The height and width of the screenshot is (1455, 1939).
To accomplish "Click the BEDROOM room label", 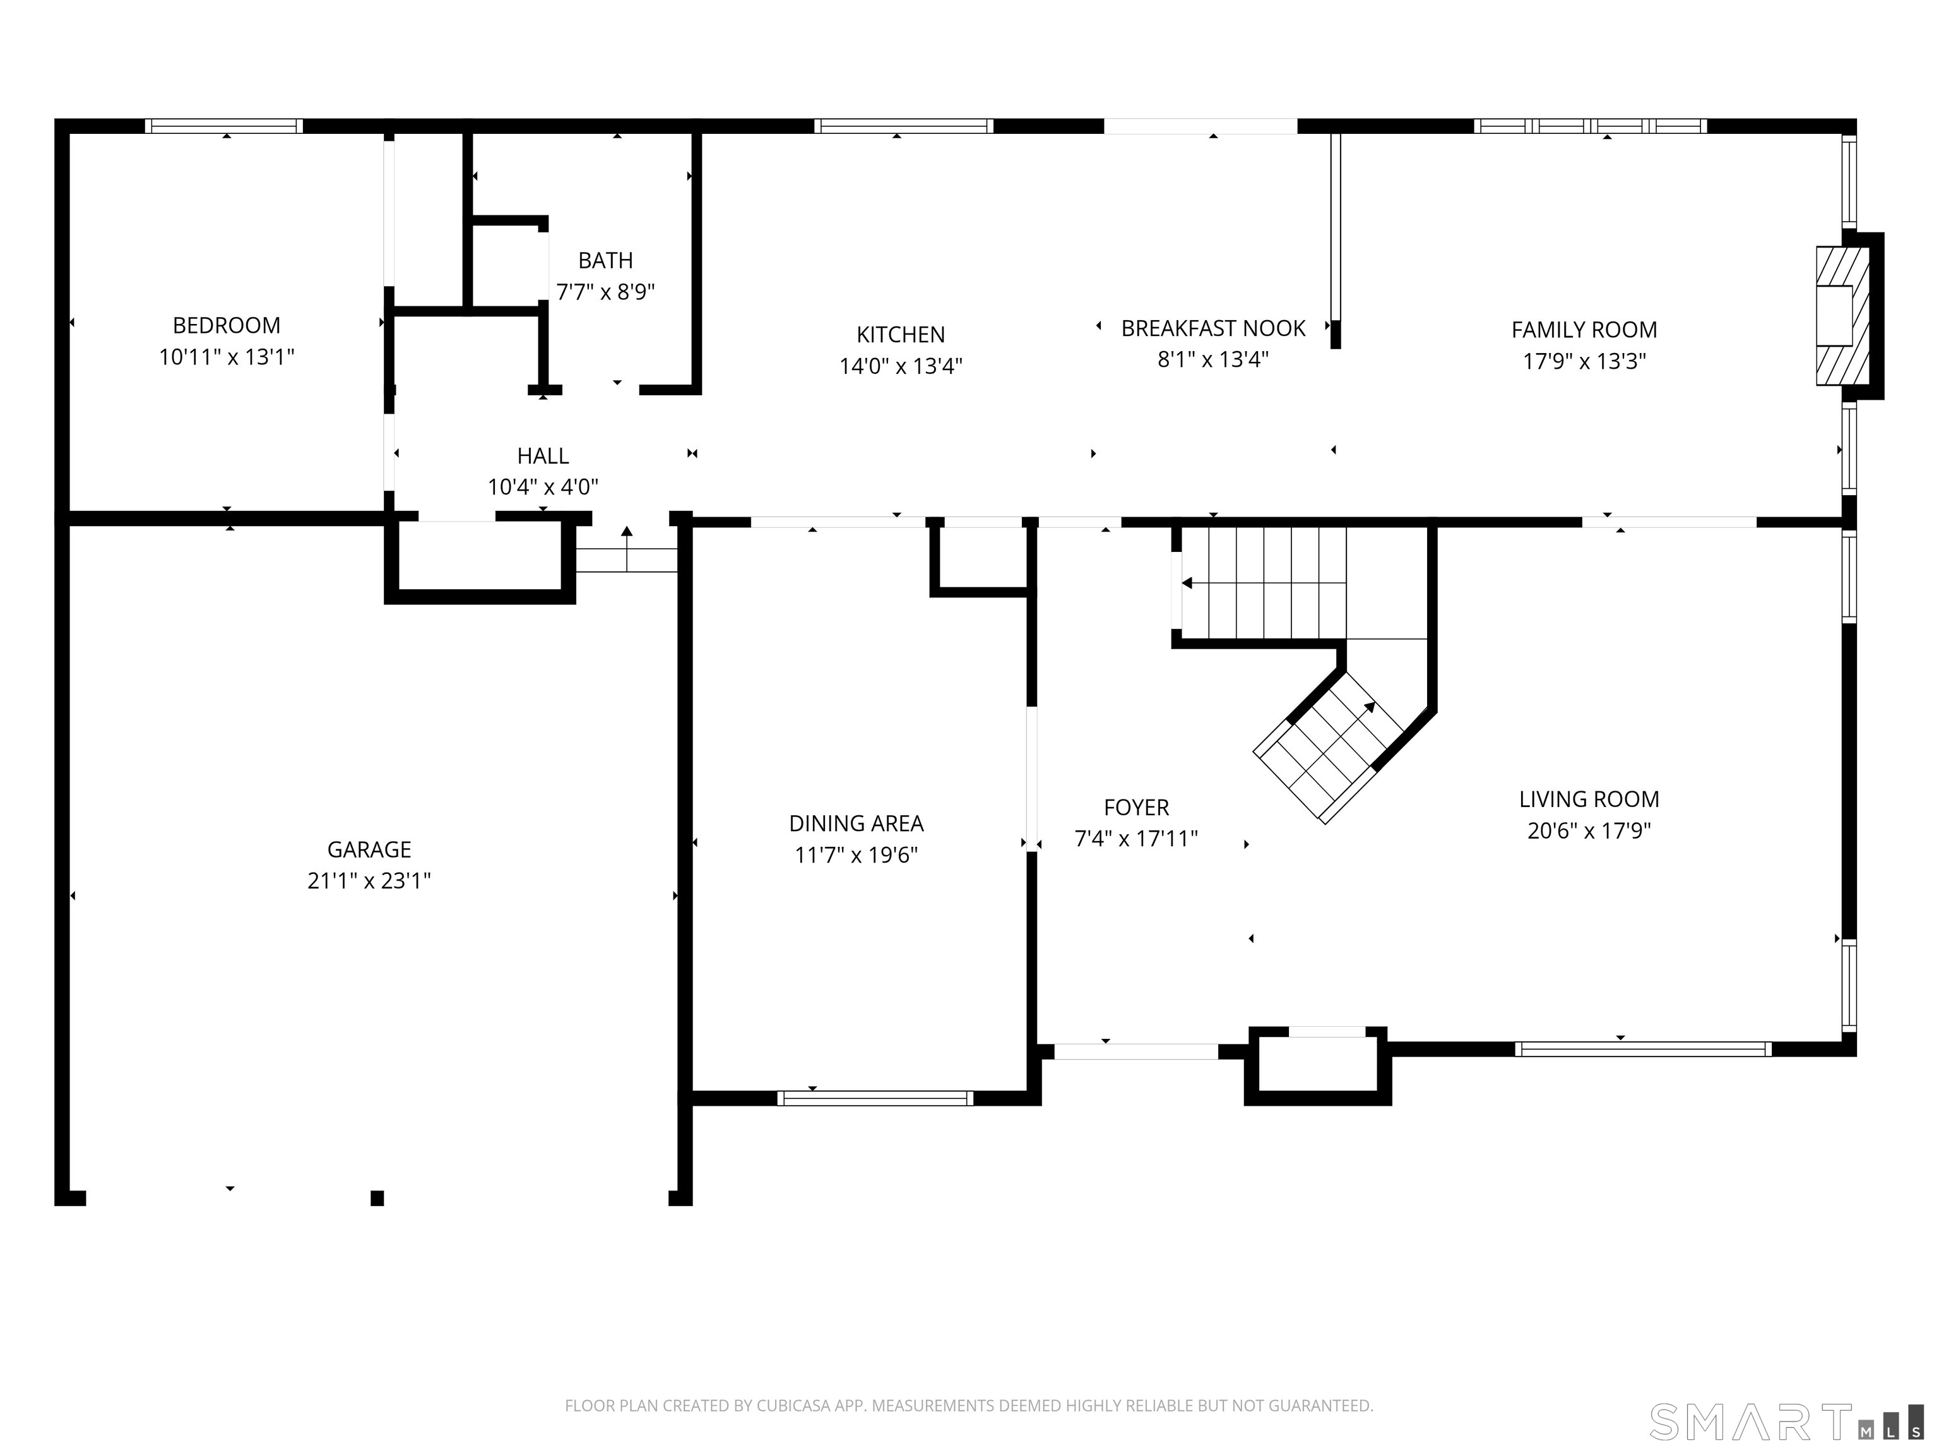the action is pyautogui.click(x=226, y=325).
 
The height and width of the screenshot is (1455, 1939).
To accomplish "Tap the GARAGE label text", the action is pyautogui.click(x=369, y=849).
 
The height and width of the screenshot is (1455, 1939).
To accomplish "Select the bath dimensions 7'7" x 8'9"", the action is pyautogui.click(x=606, y=291).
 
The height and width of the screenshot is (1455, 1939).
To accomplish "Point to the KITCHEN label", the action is pyautogui.click(x=900, y=334).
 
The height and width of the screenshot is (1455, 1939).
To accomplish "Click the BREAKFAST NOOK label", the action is pyautogui.click(x=1213, y=328).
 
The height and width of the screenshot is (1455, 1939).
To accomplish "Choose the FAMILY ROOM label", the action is pyautogui.click(x=1584, y=330).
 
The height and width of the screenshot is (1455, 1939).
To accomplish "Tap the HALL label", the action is pyautogui.click(x=543, y=456).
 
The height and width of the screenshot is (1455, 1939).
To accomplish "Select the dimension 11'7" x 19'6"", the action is pyautogui.click(x=857, y=854).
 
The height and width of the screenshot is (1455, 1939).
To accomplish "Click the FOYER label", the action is pyautogui.click(x=1136, y=807).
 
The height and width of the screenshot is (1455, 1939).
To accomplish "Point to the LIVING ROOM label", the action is pyautogui.click(x=1588, y=799).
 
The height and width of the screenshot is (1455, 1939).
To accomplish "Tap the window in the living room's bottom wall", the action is pyautogui.click(x=1643, y=1049).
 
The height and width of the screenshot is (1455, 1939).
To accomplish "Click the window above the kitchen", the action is pyautogui.click(x=904, y=126).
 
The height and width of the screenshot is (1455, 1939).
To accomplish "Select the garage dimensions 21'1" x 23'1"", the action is pyautogui.click(x=369, y=880).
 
